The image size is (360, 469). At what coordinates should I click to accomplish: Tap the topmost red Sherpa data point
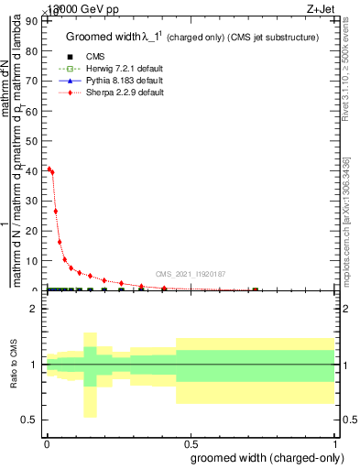click(49, 169)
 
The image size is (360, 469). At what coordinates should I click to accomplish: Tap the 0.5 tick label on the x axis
click(191, 442)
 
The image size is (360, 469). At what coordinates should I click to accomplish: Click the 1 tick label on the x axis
click(335, 442)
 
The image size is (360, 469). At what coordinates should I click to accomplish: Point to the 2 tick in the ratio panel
click(35, 309)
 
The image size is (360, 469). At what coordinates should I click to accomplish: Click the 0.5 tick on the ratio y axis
click(31, 420)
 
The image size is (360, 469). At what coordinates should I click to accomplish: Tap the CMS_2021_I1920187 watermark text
click(191, 274)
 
